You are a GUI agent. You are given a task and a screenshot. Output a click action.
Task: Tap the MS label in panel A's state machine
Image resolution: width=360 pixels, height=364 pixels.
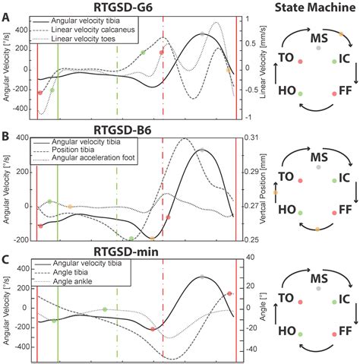click(318, 37)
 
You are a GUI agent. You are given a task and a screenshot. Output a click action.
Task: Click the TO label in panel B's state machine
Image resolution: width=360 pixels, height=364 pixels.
click(286, 176)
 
